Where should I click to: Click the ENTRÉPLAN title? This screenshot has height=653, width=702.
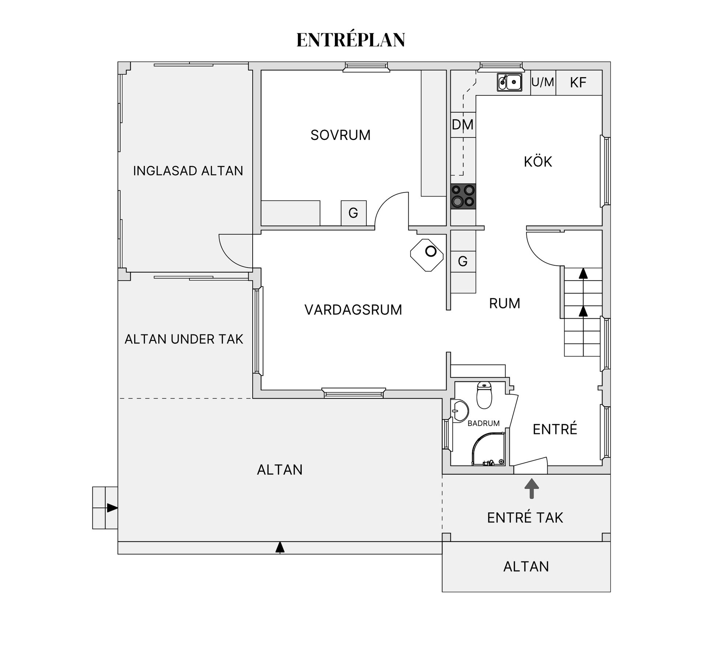pos(350,40)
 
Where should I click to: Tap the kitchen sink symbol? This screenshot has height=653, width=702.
pos(509,82)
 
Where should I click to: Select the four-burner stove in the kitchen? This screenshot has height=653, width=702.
pos(463,196)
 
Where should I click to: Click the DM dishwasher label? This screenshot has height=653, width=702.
pos(463,125)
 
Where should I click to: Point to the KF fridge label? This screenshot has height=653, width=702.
pos(578,83)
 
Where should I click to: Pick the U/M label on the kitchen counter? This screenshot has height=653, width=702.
pos(543,83)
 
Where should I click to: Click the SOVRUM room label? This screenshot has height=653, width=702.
pos(340,135)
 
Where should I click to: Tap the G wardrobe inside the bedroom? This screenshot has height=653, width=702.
pos(353,213)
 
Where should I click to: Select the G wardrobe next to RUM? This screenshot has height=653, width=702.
pos(463,261)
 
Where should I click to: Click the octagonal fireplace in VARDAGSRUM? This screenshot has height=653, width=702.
pos(427,255)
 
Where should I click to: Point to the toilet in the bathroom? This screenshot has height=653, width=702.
pos(484,395)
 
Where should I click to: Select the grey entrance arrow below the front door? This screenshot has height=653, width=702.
pos(532,489)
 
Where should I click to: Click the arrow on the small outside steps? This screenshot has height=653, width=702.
pos(112,508)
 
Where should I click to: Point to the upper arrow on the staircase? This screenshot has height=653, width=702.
pos(583,273)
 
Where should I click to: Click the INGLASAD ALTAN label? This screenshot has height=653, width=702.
pos(188,171)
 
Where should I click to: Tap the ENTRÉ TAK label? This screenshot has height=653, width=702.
pos(525,518)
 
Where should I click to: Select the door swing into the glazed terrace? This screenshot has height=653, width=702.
pos(234,252)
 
